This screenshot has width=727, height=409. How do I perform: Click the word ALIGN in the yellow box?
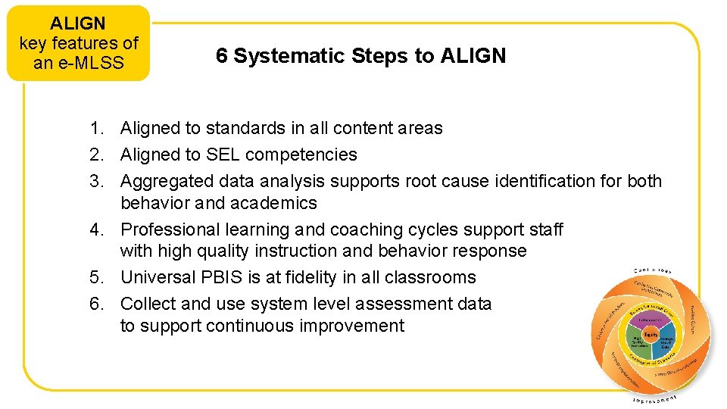coord(78,23)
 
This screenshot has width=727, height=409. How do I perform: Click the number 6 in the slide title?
coord(221,56)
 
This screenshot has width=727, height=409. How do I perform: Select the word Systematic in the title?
coord(277,56)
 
